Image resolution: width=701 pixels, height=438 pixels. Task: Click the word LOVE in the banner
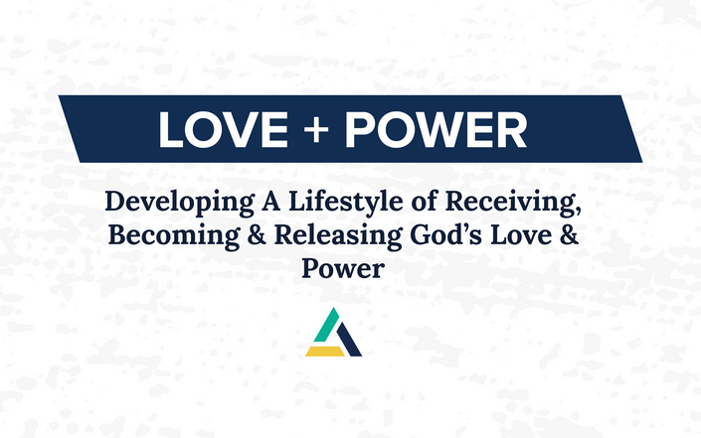coord(224,129)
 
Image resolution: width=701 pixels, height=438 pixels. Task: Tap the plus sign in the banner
coord(316,129)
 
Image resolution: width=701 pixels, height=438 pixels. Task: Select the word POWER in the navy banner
coord(436,129)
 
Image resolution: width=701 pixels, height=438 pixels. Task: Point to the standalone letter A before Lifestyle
coord(271,201)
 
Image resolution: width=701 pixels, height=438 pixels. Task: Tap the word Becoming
coord(174,236)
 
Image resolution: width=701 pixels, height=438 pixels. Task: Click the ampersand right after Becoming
coord(257,235)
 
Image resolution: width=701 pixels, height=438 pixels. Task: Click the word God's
coord(445,234)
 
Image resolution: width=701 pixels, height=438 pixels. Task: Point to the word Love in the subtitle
coord(521,234)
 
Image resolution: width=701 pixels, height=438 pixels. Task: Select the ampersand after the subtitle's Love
coord(569,235)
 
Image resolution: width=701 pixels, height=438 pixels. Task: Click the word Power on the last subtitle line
coord(343,269)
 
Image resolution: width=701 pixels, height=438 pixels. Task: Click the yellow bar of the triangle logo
coord(325,352)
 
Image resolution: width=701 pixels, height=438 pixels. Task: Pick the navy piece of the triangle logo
coord(349,340)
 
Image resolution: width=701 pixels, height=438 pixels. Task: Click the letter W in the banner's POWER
coord(435,129)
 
